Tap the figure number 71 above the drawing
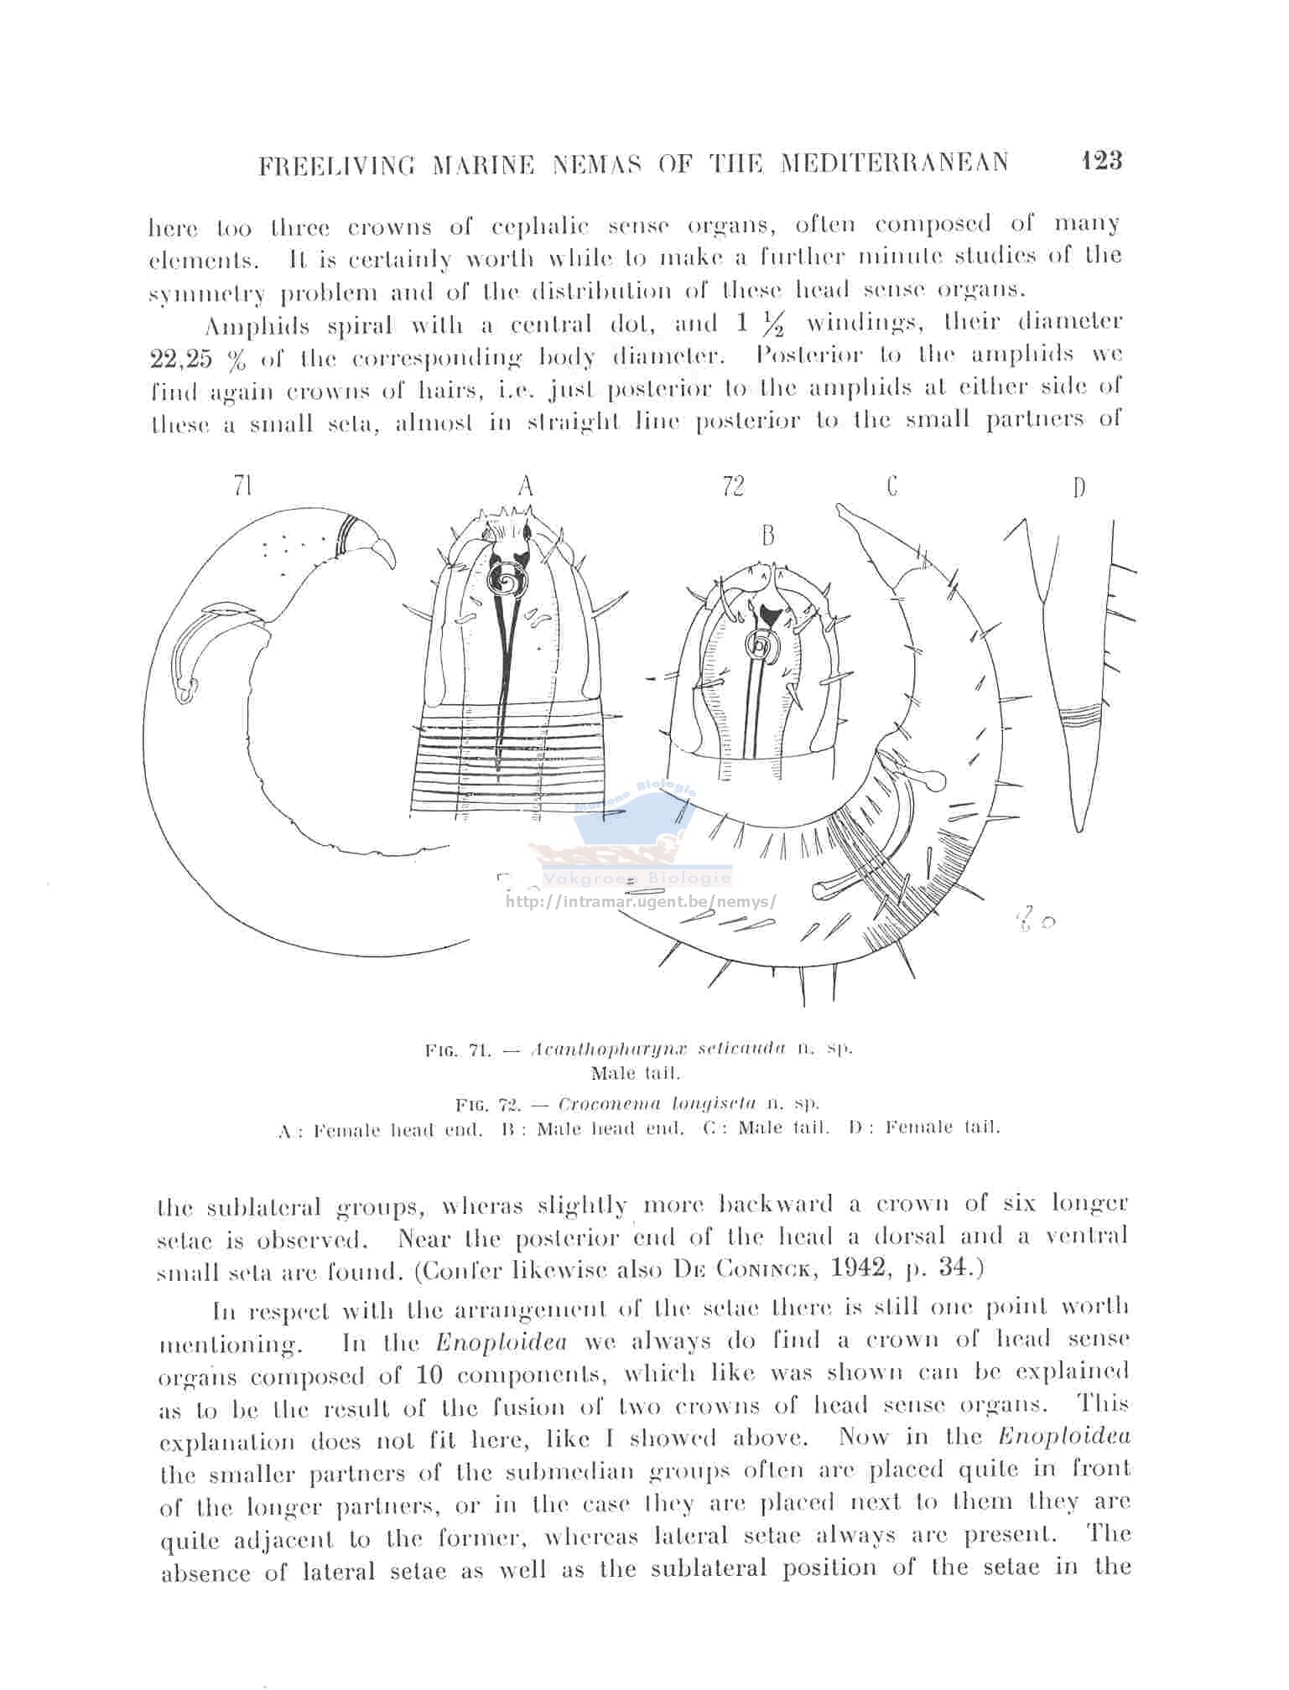point(244,485)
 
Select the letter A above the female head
point(526,485)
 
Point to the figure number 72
point(733,485)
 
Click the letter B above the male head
point(767,536)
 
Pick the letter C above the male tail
point(891,485)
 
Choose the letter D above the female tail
point(1078,487)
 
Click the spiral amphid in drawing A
point(507,578)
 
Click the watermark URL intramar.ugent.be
point(642,902)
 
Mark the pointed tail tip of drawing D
point(1080,830)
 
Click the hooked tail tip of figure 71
point(391,563)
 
